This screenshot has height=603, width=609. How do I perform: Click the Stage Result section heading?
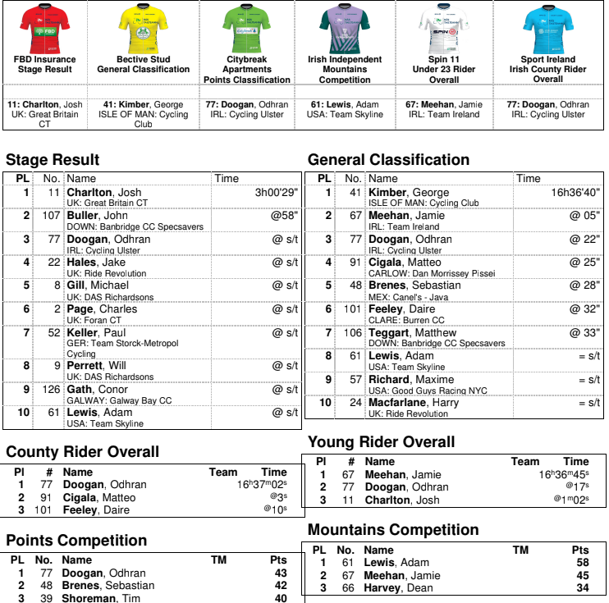pyautogui.click(x=53, y=160)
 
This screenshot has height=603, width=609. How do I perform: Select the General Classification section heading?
pyautogui.click(x=388, y=160)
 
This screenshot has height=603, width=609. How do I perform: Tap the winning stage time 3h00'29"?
pyautogui.click(x=276, y=193)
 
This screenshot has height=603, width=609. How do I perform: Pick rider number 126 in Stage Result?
pyautogui.click(x=51, y=390)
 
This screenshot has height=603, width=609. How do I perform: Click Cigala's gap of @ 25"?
pyautogui.click(x=584, y=263)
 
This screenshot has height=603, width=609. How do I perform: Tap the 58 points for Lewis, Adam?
pyautogui.click(x=582, y=563)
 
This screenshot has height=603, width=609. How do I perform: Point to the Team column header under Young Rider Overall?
pyautogui.click(x=524, y=462)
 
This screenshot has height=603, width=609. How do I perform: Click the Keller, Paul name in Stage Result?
pyautogui.click(x=96, y=332)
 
